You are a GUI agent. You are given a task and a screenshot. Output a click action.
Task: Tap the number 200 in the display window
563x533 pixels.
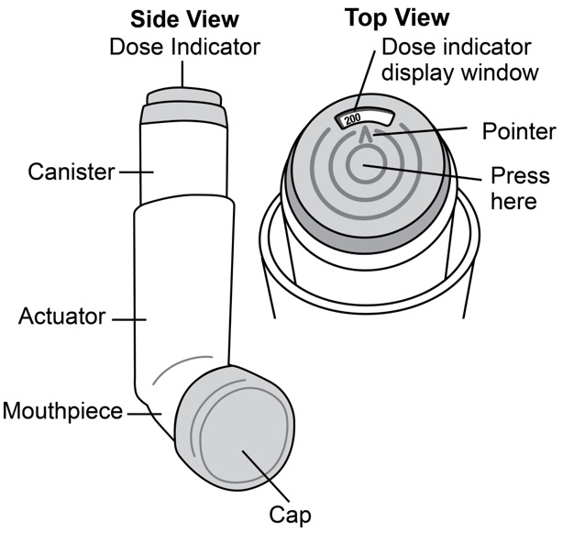point(351,119)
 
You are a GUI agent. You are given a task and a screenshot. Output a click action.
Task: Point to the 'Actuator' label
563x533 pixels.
point(63,318)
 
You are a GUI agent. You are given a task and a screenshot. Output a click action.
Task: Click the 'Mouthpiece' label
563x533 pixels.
point(62,411)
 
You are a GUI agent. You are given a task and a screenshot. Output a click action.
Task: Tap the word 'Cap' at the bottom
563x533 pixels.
point(293,514)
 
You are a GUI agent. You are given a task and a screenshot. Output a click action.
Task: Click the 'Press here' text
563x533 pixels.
point(520,188)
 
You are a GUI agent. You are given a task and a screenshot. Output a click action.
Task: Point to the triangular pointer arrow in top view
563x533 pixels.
point(368,137)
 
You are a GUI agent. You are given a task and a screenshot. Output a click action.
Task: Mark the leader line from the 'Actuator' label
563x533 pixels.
point(129,319)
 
